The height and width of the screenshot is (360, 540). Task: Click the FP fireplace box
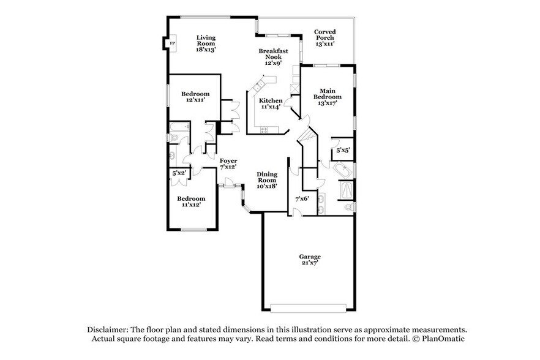click(172, 43)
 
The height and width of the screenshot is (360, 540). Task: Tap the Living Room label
click(206, 43)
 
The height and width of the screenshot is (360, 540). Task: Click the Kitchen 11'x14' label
click(270, 103)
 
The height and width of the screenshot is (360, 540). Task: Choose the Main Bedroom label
click(328, 97)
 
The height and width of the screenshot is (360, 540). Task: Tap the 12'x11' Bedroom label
click(195, 97)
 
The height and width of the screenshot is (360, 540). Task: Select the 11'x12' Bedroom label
click(191, 201)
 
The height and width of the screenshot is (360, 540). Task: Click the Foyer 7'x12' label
click(228, 163)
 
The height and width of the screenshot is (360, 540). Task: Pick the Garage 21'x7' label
click(309, 260)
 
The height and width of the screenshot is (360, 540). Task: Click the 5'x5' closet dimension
click(343, 150)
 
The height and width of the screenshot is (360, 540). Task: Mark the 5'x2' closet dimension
click(179, 174)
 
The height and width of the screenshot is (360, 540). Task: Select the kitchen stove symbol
click(265, 129)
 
